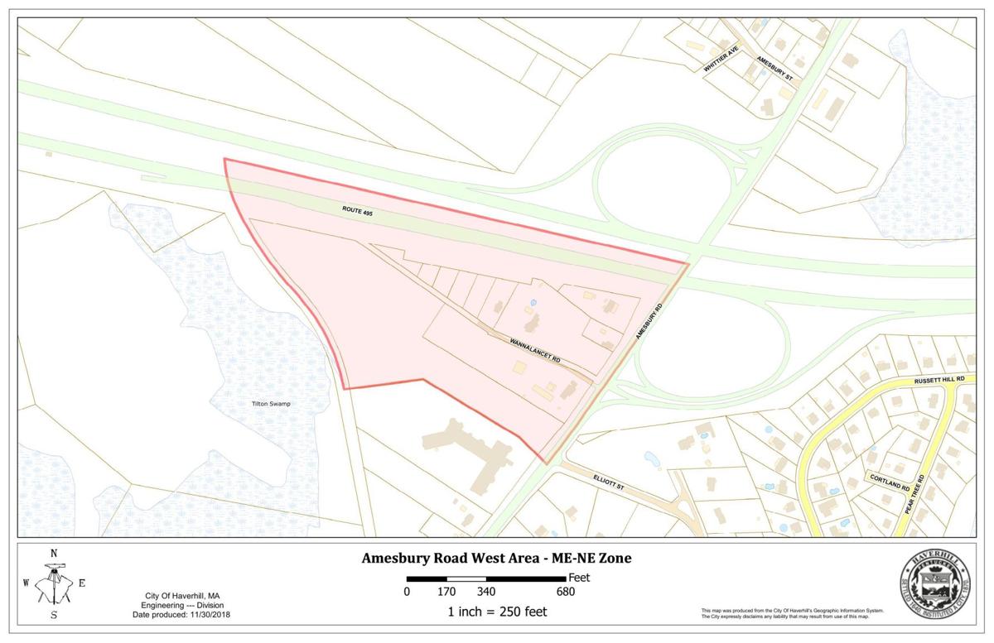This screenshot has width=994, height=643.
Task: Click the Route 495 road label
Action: (x=363, y=212)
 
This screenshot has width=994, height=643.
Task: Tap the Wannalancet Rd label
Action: (x=526, y=348)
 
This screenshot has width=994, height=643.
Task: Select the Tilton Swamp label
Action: (x=272, y=404)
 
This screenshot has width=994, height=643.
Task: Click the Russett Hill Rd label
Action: (x=939, y=380)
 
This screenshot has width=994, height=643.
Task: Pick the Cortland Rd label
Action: (x=888, y=481)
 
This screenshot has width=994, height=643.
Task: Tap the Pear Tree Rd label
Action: (x=919, y=496)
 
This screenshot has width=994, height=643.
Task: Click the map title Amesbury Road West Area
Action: (x=496, y=559)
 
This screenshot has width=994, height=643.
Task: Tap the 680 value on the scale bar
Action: (x=565, y=592)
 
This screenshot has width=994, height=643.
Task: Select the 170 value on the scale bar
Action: (x=446, y=592)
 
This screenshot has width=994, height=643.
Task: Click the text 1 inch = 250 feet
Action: (x=496, y=612)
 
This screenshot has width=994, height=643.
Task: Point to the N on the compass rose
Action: (x=54, y=554)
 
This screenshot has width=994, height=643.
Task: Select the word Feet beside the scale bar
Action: (x=578, y=578)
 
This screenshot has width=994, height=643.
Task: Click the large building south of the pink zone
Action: (x=469, y=449)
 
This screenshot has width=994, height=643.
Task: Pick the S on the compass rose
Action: (x=54, y=615)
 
